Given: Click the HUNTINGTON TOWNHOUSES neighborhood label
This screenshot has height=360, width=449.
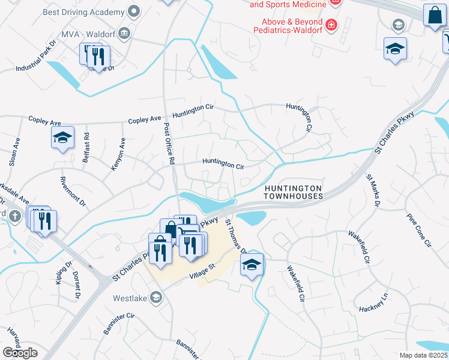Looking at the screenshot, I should click(294, 192).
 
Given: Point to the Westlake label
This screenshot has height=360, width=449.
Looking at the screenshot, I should click(130, 298).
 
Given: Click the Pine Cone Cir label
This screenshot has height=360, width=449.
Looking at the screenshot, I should click(419, 230).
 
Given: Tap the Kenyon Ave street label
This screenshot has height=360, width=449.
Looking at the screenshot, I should click(118, 154).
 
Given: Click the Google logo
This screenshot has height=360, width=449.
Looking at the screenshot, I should click(20, 353).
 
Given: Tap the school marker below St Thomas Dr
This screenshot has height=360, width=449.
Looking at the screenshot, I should click(252, 265).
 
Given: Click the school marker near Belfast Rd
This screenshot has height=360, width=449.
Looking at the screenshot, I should click(62, 138).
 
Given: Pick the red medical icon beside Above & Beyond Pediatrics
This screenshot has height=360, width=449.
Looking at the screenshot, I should click(331, 25).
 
